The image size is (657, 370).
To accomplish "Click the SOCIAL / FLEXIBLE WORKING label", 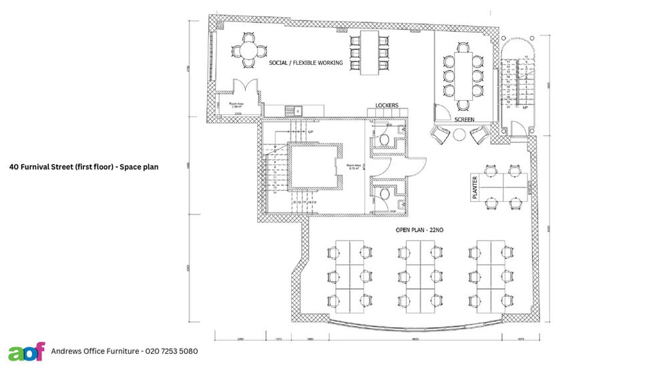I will point(306,63).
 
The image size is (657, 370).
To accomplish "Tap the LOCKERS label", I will point(387,106).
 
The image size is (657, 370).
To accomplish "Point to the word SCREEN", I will point(464,120).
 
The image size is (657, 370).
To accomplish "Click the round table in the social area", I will point(248,49).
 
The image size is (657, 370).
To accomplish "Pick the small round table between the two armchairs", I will point(459,134).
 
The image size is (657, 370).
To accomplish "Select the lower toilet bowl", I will point(385,194).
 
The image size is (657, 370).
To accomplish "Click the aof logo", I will point(26,351).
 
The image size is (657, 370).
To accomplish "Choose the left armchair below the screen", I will point(441,136).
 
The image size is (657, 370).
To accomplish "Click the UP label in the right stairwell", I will point(525,107).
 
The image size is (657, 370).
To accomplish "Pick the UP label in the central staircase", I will point(310,132).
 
